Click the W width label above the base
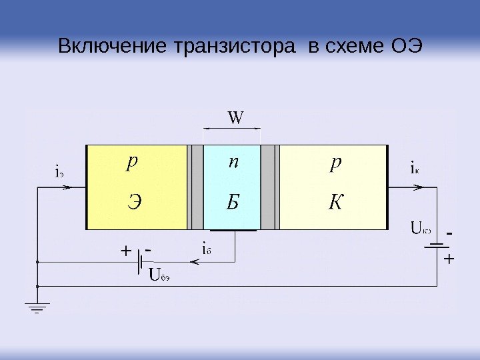click(x=236, y=119)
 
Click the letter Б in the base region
click(x=231, y=202)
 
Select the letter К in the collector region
click(x=333, y=202)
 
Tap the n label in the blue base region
click(x=233, y=163)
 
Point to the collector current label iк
click(x=414, y=168)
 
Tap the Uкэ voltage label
click(x=421, y=231)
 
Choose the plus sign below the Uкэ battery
click(x=447, y=259)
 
